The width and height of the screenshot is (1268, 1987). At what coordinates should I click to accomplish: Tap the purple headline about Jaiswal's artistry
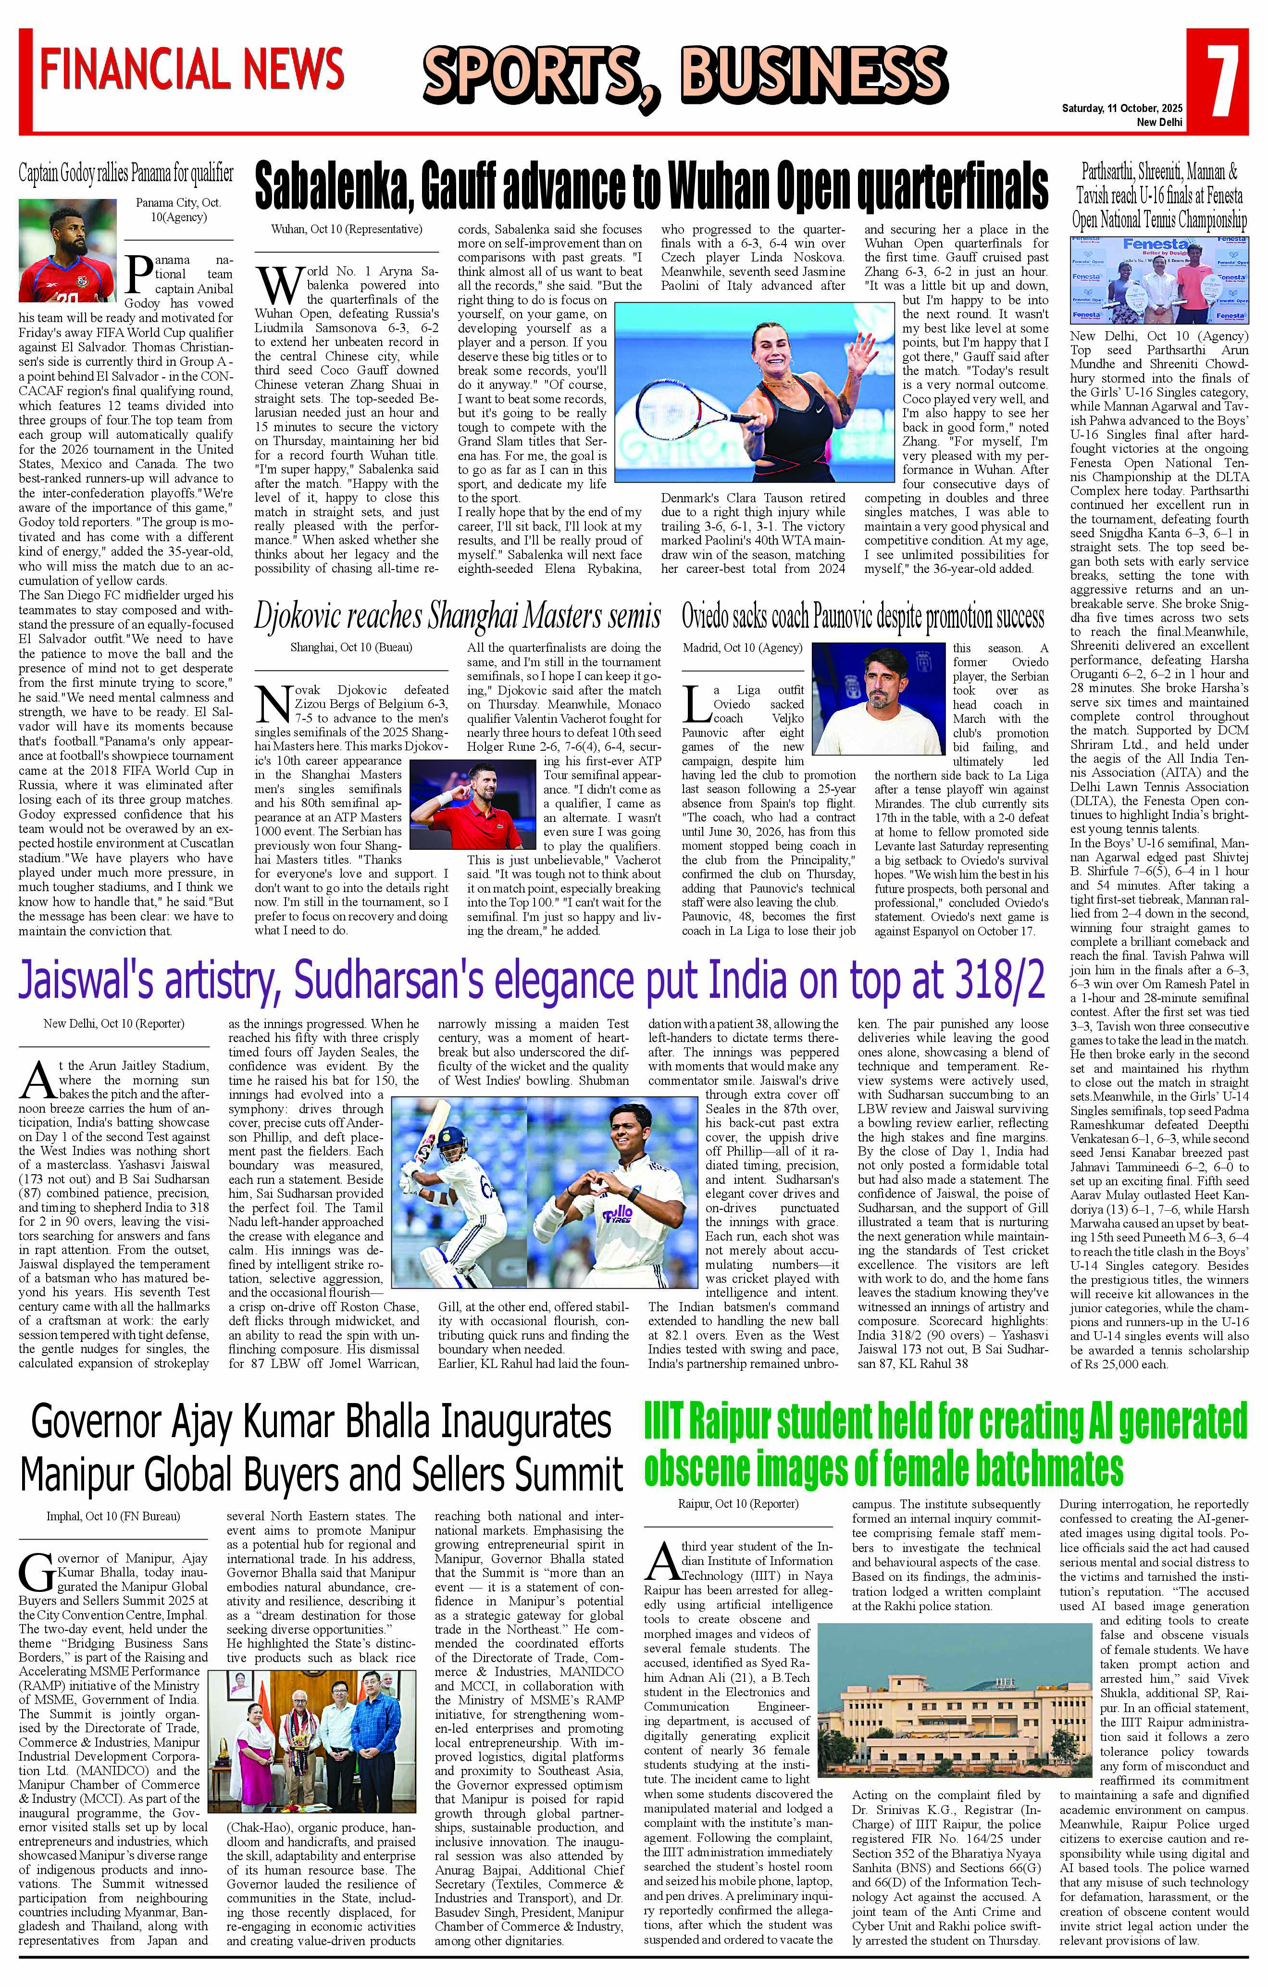[531, 981]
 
